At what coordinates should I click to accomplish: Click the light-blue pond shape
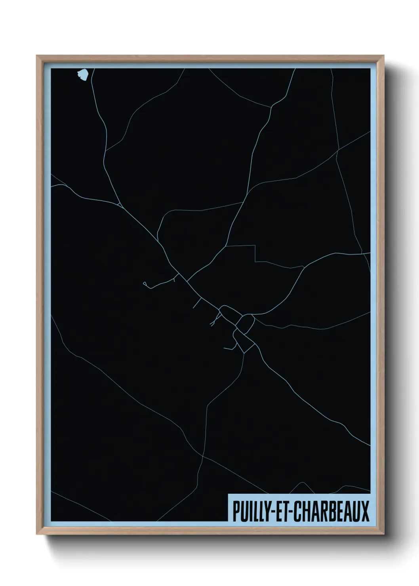click(x=83, y=75)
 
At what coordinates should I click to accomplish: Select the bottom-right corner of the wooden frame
click(x=383, y=534)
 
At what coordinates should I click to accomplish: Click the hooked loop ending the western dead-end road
click(x=145, y=283)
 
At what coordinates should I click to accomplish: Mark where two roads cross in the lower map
click(x=203, y=457)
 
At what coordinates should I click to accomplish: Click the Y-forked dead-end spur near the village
click(x=216, y=319)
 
